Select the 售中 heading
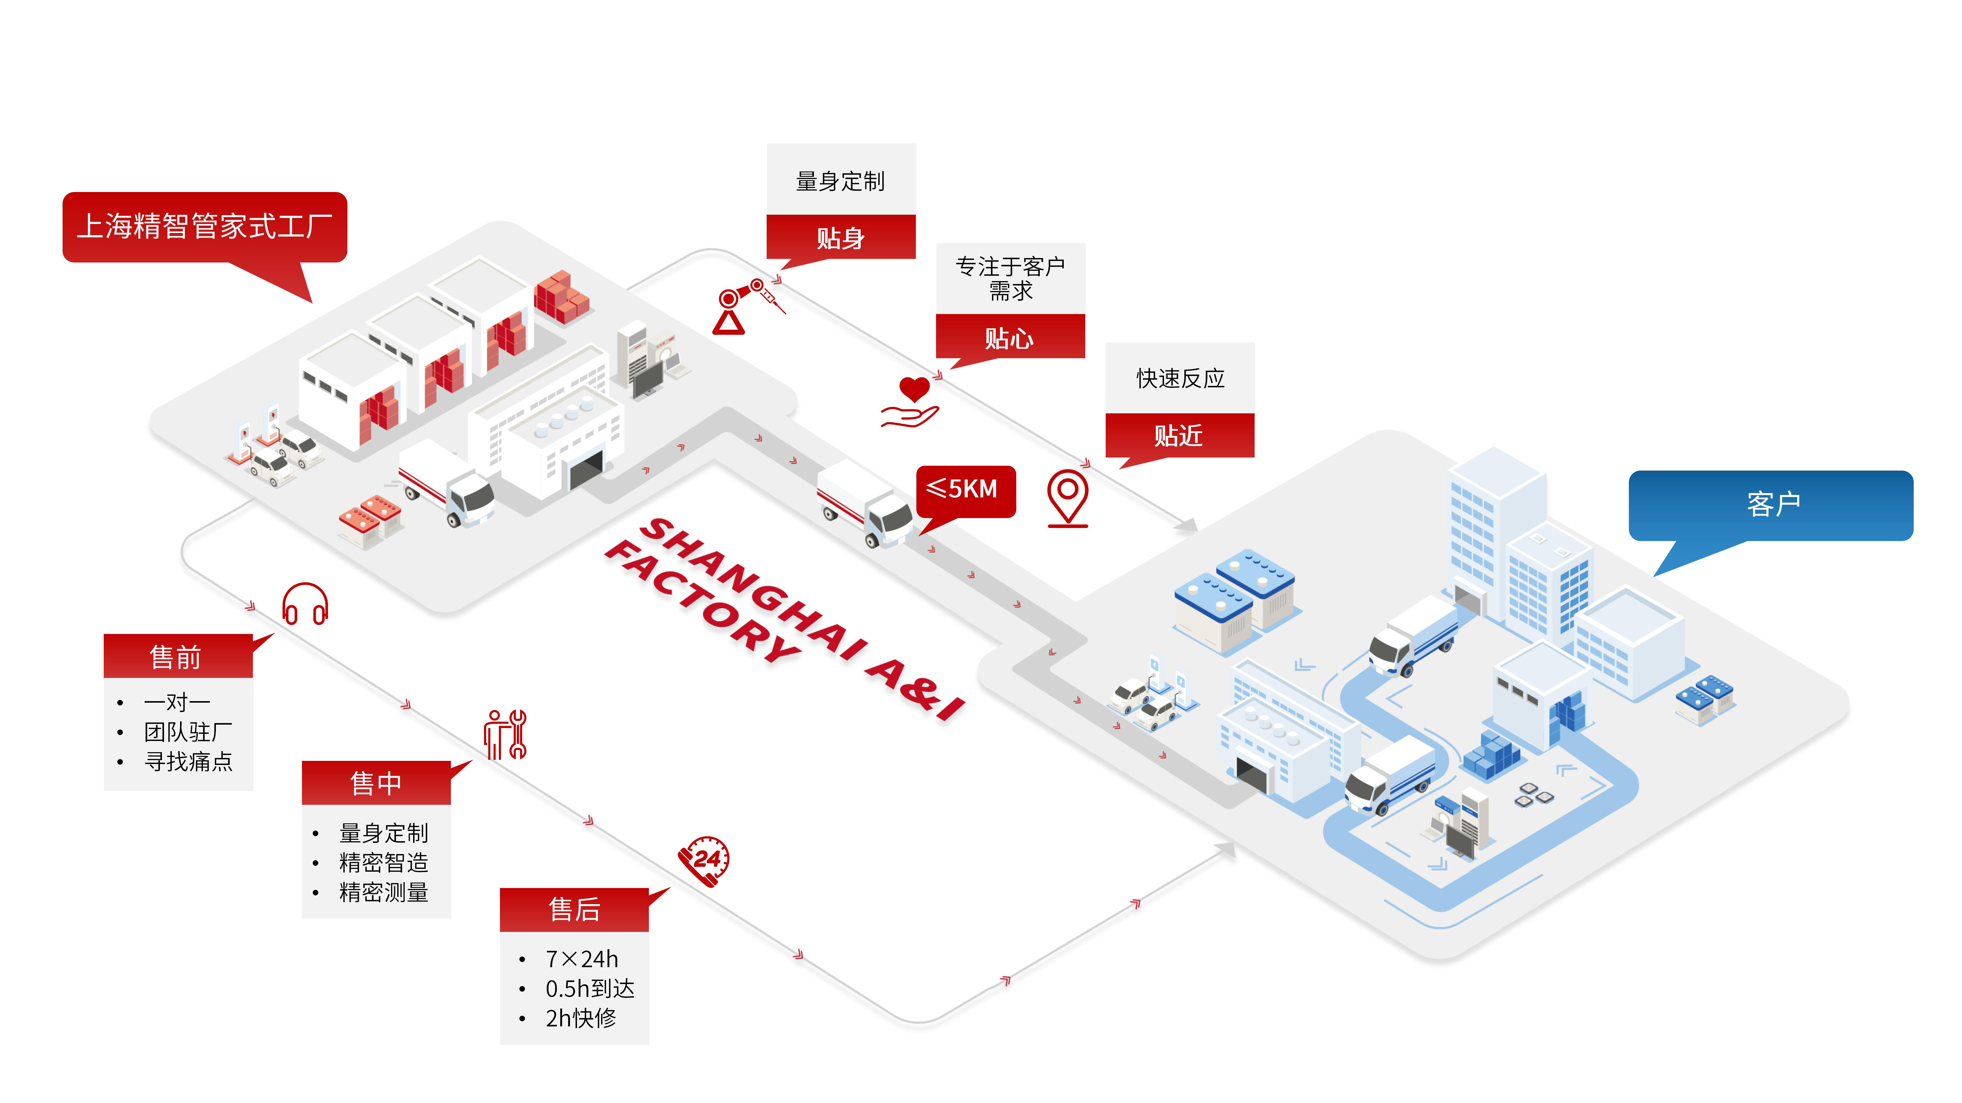[376, 783]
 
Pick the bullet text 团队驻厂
[188, 732]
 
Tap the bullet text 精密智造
[383, 862]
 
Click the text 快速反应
[1180, 378]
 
